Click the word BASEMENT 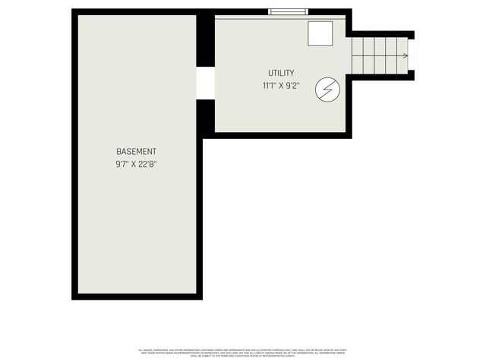[137, 151]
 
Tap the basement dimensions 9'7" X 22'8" [137, 163]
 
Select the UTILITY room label [280, 73]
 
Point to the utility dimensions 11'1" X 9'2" [280, 86]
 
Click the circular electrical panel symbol [327, 89]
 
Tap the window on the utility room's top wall [288, 11]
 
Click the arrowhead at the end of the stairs [406, 55]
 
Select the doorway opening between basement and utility [205, 83]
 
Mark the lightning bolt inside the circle [327, 89]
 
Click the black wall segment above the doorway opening [205, 41]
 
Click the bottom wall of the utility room [281, 136]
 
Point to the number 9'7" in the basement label [121, 163]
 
